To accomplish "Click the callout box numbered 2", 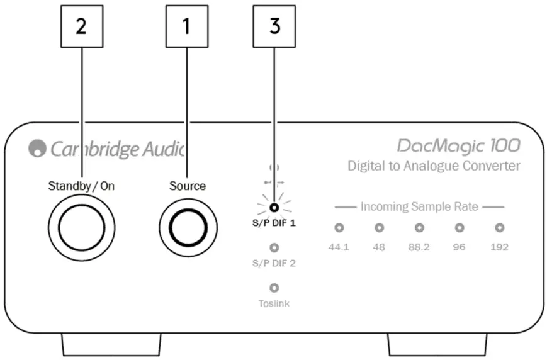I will (x=82, y=28).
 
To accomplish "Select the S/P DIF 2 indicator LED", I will (x=274, y=248).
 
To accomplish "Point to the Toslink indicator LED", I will (x=274, y=288).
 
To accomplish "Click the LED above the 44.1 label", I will (x=339, y=228).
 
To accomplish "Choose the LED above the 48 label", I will (x=379, y=228).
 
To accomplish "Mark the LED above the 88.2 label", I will (x=419, y=228).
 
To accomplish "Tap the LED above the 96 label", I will (x=460, y=228).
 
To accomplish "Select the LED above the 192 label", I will (x=500, y=228).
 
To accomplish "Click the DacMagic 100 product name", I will (x=458, y=146).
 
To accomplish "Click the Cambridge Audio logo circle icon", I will (x=37, y=149).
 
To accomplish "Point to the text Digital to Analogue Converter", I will (x=434, y=166).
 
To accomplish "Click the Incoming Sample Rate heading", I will (x=419, y=206).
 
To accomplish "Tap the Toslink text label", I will (x=274, y=303).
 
